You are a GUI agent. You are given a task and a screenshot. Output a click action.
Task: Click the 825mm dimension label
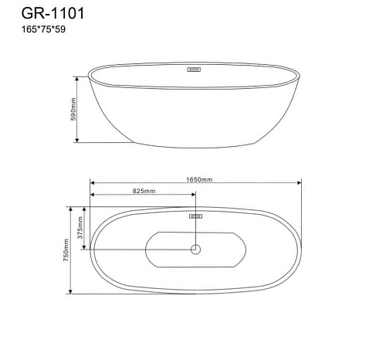pyautogui.click(x=144, y=191)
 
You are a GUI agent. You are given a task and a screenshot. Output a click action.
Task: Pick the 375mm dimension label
pyautogui.click(x=79, y=228)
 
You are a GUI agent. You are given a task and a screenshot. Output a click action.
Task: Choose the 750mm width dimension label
pyautogui.click(x=67, y=250)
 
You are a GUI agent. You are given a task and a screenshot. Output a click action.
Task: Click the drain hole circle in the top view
pyautogui.click(x=195, y=250)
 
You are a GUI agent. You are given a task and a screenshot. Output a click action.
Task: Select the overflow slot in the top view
pyautogui.click(x=195, y=216)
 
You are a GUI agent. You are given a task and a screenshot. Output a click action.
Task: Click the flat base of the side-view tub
pyautogui.click(x=196, y=144)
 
